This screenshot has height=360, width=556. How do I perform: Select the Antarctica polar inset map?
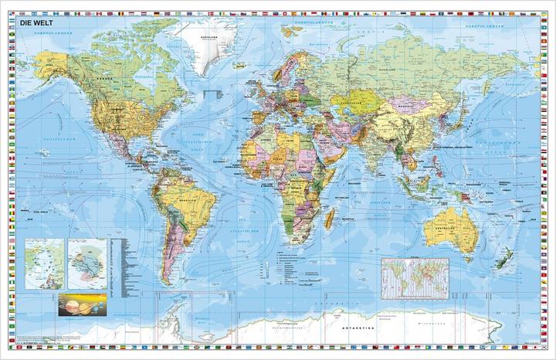pyautogui.click(x=86, y=262)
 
